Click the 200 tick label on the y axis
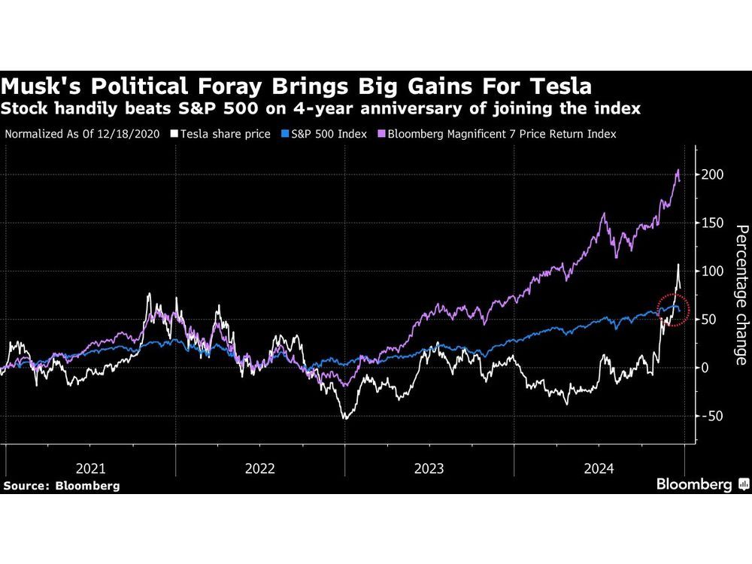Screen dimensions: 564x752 (713, 175)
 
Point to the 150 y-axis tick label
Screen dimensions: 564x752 (713, 223)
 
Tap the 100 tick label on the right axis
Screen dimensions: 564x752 (713, 271)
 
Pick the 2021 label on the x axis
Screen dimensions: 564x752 (91, 468)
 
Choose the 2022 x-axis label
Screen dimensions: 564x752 (260, 468)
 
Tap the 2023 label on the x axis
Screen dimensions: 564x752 (429, 468)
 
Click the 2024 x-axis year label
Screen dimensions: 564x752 (599, 468)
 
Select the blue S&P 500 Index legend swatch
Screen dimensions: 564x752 (285, 134)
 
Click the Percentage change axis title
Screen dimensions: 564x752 (740, 295)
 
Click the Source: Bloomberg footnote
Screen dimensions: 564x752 (61, 486)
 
